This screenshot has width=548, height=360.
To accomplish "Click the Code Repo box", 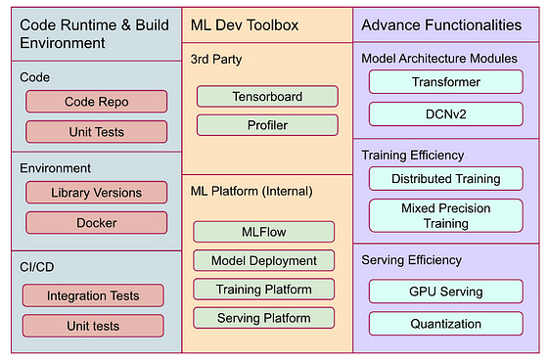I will [x=97, y=102].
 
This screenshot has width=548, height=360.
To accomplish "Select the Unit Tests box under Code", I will [x=97, y=131].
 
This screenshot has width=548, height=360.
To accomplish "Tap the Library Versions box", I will [x=97, y=193].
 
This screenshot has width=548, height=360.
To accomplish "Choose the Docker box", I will [x=97, y=223].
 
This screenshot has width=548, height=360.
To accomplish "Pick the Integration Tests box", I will [x=93, y=295].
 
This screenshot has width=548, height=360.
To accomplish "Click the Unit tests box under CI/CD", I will [x=93, y=326].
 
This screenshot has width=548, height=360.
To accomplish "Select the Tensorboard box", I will [x=267, y=97].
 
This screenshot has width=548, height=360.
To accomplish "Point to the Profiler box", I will [x=267, y=125].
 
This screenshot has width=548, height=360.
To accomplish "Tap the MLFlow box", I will [x=264, y=233].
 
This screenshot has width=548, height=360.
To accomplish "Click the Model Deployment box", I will [x=264, y=261].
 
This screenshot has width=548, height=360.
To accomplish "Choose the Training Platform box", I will [x=264, y=290].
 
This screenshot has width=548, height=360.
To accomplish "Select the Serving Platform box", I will [x=264, y=318].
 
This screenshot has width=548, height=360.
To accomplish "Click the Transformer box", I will [x=446, y=82].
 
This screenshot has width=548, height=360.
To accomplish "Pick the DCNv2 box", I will [x=446, y=113].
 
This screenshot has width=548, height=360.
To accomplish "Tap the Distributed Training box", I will [x=446, y=179].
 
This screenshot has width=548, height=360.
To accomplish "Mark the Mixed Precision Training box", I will [x=446, y=216].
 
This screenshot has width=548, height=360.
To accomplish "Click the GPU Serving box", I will [x=446, y=292].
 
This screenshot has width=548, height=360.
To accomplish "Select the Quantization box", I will [x=446, y=323].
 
